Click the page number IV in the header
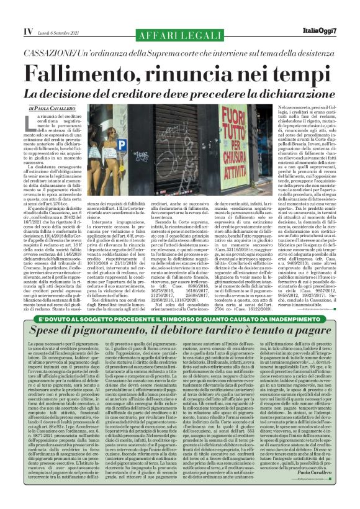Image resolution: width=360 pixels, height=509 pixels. point(9,29)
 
